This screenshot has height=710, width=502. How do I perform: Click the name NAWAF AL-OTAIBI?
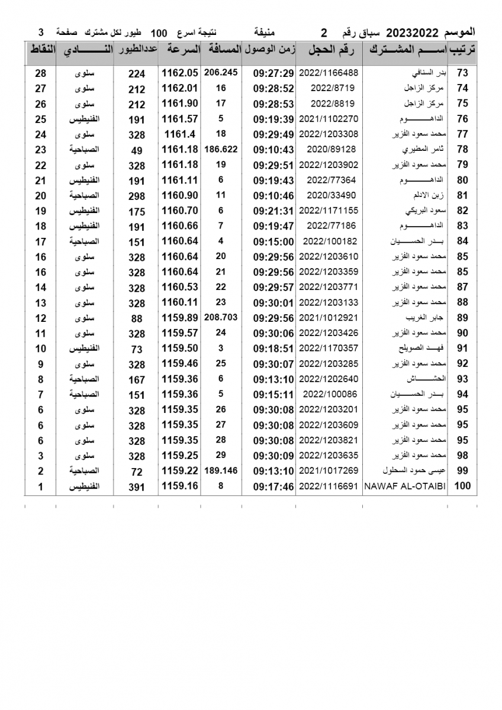pos(406,486)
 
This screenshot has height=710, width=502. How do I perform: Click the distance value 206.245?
pos(221,72)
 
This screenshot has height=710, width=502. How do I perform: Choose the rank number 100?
pos(463,486)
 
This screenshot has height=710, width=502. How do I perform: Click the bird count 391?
pos(137,486)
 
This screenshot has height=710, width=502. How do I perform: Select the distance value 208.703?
pos(221,318)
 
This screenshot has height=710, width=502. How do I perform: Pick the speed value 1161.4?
pos(179,134)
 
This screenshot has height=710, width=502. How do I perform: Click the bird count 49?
pos(137,150)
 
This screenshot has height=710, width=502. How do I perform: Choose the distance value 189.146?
pos(221,471)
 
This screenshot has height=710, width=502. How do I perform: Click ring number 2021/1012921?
pos(329,318)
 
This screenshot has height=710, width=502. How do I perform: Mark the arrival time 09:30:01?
pos(273,303)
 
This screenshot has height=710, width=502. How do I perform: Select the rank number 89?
pos(463,318)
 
